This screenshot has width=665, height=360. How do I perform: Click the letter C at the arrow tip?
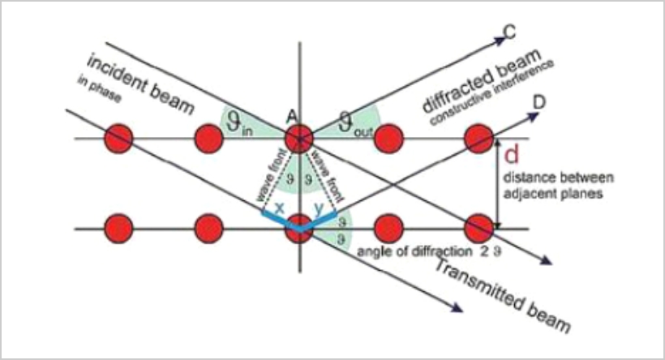510,34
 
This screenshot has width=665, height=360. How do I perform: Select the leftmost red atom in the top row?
119,139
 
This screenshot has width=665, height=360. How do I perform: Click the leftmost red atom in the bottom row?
119,228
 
